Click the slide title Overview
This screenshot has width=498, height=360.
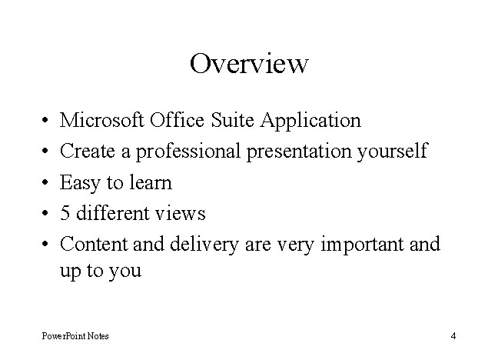pos(249,63)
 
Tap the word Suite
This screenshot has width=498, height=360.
pos(234,121)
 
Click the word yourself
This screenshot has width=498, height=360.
pos(392,152)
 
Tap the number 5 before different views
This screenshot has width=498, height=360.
pos(65,214)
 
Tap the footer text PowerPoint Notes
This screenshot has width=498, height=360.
pos(75,335)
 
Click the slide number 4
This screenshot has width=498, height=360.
pos(453,335)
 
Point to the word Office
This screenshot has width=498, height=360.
pos(178,121)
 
